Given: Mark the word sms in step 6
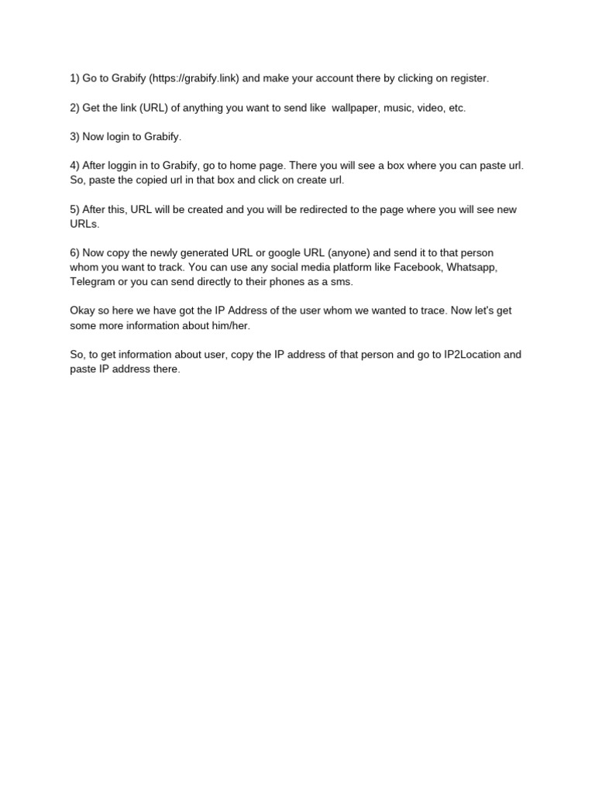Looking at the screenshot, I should [342, 282].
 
